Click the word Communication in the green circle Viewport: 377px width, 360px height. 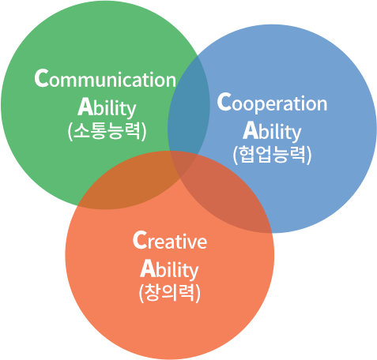[x=105, y=78]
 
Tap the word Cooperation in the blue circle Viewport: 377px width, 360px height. [x=272, y=103]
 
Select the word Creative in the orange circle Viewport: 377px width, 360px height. [x=170, y=240]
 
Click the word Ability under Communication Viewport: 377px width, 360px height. [x=107, y=107]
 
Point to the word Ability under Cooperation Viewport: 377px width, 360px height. [x=272, y=131]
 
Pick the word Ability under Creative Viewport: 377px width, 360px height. [x=169, y=269]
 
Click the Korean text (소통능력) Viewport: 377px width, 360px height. [x=107, y=131]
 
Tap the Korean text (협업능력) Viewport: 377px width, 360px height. [x=272, y=155]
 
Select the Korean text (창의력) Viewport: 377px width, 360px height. [x=170, y=293]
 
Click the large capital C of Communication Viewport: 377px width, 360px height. [x=42, y=77]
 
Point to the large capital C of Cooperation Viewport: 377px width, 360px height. [x=224, y=101]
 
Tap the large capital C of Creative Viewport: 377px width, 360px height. [x=140, y=239]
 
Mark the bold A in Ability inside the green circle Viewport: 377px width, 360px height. [x=85, y=107]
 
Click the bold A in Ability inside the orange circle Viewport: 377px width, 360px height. [x=147, y=268]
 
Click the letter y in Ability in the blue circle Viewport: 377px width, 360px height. [x=296, y=133]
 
